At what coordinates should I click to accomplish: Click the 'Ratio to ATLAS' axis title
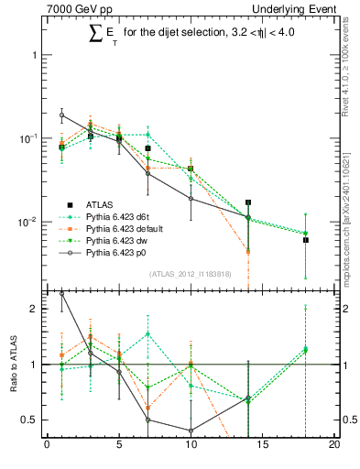pos(12,365)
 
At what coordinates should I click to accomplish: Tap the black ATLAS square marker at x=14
pos(248,202)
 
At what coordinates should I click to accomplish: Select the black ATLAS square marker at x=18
pos(306,240)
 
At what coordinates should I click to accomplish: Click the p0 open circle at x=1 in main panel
pos(61,115)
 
